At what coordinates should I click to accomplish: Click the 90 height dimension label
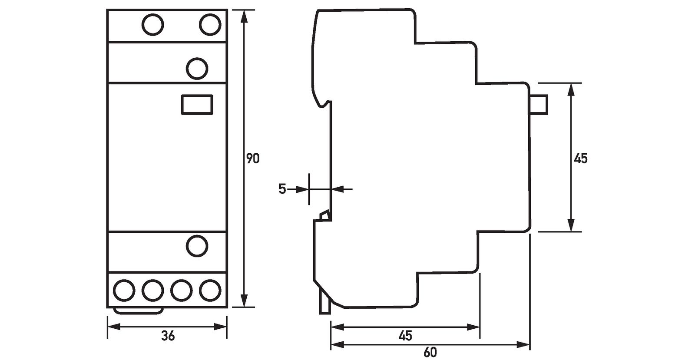pos(253,159)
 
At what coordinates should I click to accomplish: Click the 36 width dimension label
pos(168,336)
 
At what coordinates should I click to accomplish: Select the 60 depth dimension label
pos(430,353)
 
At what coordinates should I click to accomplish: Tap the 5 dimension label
pos(282,189)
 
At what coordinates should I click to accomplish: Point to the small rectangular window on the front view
pos(197,105)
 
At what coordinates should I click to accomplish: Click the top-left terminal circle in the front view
pos(152,25)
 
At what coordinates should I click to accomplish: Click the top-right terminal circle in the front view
pos(210,25)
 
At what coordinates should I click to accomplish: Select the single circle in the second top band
pos(197,69)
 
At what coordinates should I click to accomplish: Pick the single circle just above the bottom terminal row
pos(197,246)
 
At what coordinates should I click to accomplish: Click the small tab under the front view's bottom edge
pos(139,310)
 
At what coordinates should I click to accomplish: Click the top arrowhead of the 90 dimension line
pos(245,16)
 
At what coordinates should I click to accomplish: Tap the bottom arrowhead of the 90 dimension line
pos(245,301)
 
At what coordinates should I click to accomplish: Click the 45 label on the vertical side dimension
pos(580,159)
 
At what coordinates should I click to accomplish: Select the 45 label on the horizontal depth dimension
pos(405,336)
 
